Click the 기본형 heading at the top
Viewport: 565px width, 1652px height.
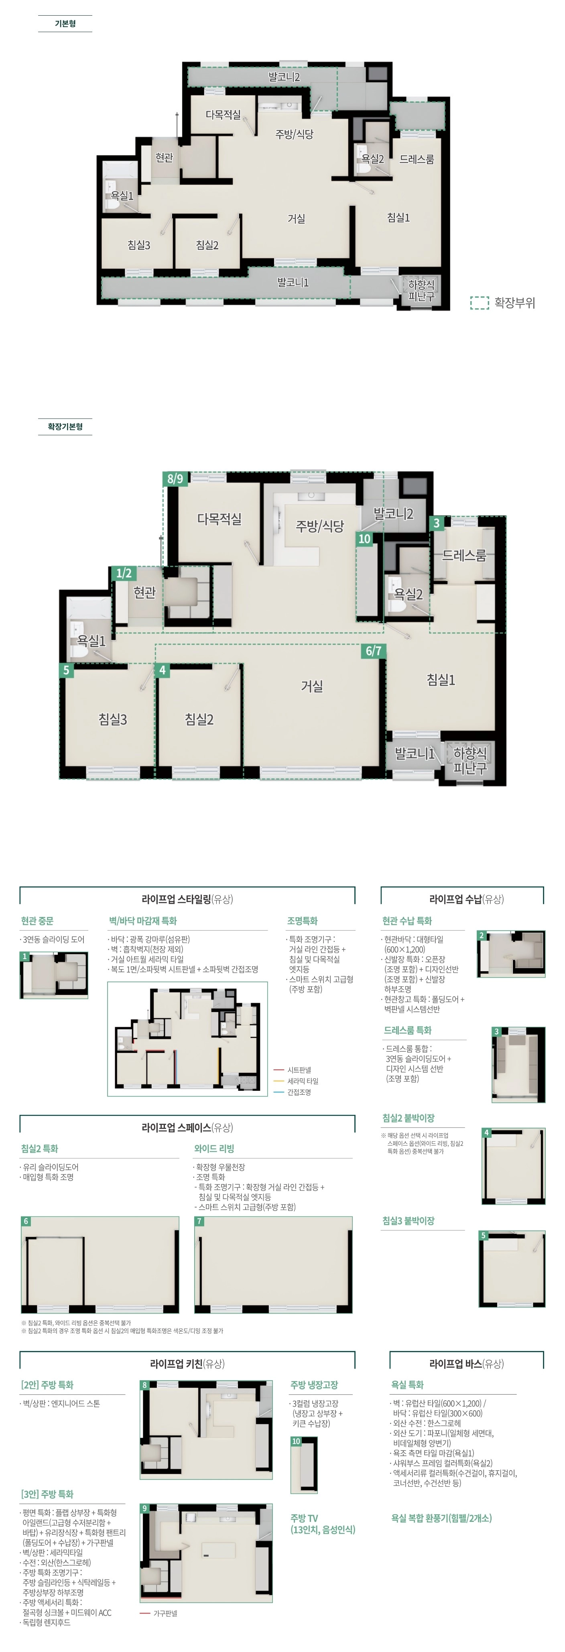pos(65,24)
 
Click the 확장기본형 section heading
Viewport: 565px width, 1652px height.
pos(65,426)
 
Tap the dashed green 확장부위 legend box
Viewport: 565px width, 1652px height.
pos(479,303)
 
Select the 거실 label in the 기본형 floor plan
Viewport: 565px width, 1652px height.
pos(296,219)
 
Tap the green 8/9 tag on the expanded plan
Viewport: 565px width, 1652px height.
pos(175,479)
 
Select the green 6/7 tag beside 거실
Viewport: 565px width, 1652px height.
pos(373,651)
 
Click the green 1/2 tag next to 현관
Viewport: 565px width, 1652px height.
pos(124,573)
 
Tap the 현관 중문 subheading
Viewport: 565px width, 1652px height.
pos(37,921)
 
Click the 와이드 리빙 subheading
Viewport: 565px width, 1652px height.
pos(214,1149)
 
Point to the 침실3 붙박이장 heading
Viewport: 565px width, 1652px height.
pos(409,1221)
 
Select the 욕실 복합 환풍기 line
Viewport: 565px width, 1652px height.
pos(441,1518)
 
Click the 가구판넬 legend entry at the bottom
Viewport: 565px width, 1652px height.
pos(159,1613)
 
